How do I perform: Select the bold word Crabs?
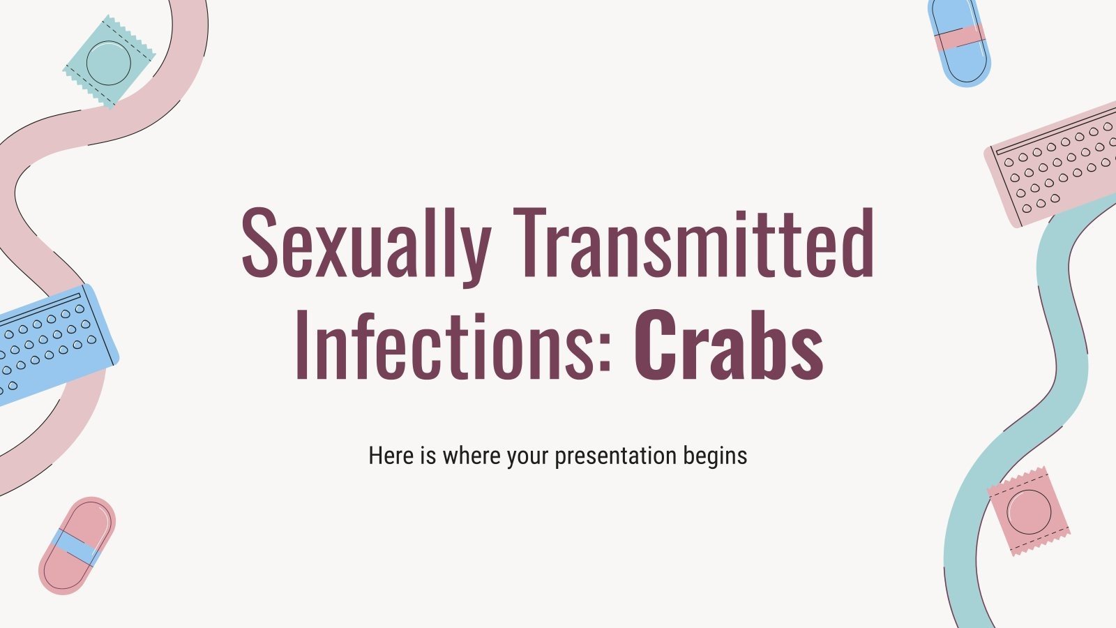(729, 343)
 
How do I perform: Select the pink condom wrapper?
(1028, 510)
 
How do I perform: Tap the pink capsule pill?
(77, 545)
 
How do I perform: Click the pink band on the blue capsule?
(958, 38)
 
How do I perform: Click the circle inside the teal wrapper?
(108, 61)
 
